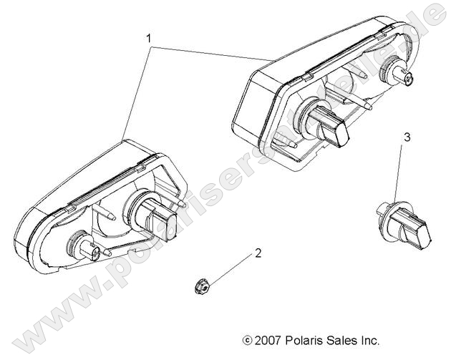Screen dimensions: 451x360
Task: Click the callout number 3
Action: tap(407, 137)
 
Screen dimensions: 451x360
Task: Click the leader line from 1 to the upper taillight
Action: tap(214, 52)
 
